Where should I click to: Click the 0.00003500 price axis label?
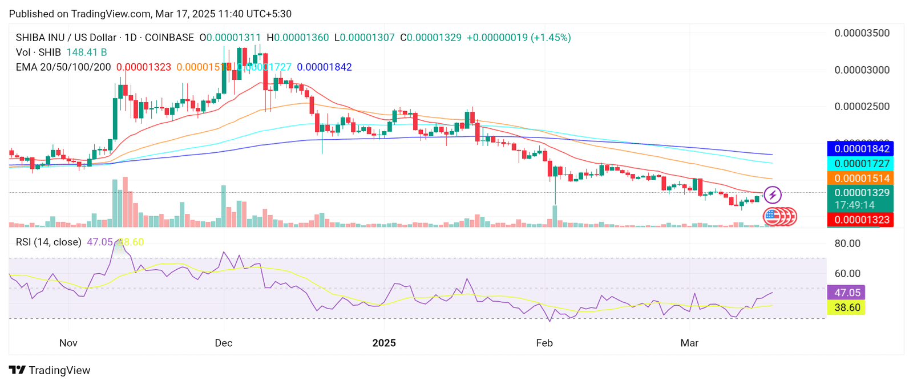pos(862,33)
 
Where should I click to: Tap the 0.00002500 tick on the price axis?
pos(862,107)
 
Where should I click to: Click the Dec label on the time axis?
pos(223,343)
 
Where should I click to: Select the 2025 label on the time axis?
pos(384,343)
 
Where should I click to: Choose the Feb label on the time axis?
pos(544,343)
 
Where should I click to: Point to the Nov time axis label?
pos(68,343)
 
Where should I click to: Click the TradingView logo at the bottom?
pos(50,370)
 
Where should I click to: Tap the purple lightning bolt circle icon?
pos(773,195)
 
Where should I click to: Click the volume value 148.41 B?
pos(87,52)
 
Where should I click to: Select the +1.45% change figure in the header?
pos(551,38)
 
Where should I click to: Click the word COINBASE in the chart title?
pos(169,38)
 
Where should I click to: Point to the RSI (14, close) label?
pos(49,242)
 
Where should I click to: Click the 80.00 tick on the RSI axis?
pos(847,244)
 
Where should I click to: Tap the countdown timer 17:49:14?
pos(854,205)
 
